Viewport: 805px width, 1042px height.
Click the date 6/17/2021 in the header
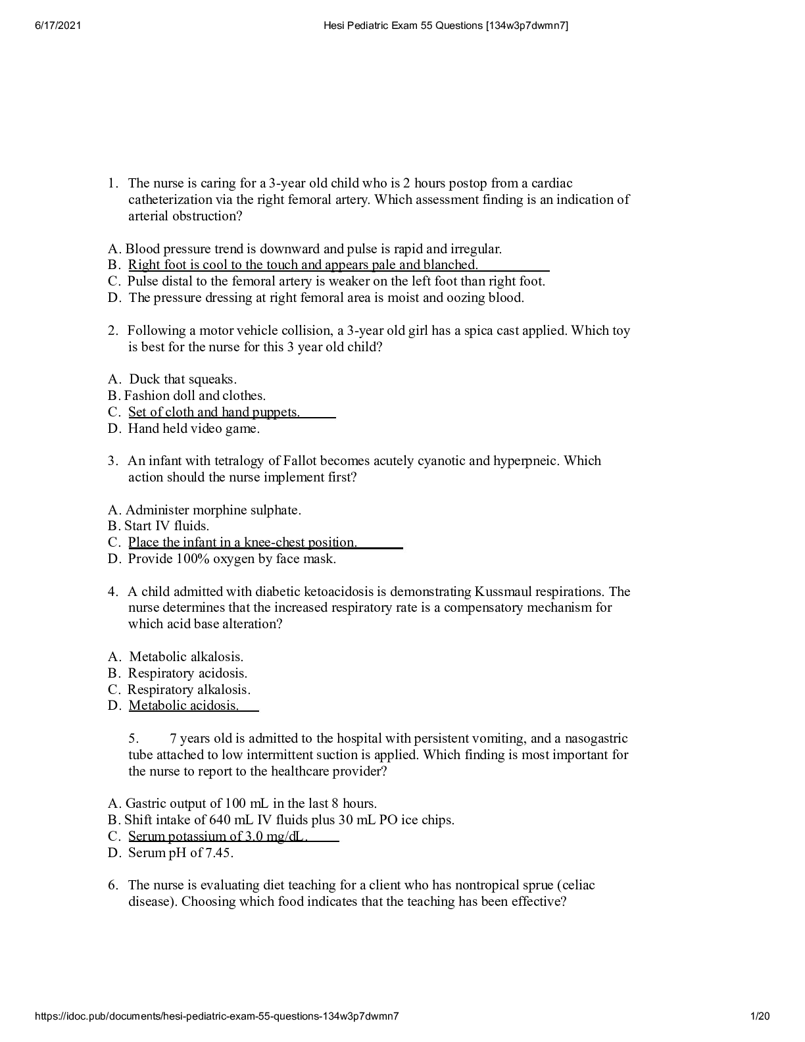[57, 26]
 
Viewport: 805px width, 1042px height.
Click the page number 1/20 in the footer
[760, 1016]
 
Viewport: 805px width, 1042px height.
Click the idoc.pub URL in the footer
[216, 1016]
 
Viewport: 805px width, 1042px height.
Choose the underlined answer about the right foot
[303, 265]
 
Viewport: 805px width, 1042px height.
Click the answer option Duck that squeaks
[182, 379]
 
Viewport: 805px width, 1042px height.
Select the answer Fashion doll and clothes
[195, 395]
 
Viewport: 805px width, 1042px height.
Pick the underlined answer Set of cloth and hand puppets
[214, 412]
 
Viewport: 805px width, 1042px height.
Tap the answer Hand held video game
[193, 428]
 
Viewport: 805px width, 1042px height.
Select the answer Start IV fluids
[166, 526]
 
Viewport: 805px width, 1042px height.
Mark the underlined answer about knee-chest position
[242, 542]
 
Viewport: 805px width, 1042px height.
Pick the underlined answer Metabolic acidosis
[183, 705]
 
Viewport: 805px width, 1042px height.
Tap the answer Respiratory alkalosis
[189, 689]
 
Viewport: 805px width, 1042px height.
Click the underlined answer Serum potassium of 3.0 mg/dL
[218, 836]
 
